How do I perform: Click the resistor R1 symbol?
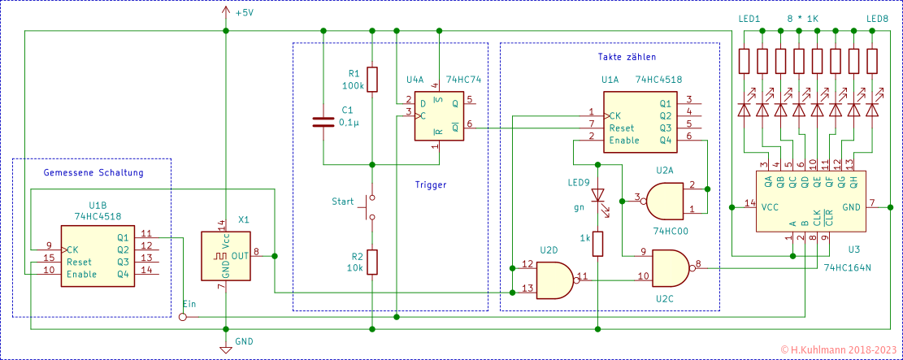tap(372, 80)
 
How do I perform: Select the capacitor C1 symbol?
tap(323, 123)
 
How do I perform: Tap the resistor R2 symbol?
tap(372, 262)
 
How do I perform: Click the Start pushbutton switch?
tap(371, 207)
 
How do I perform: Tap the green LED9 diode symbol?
tap(598, 197)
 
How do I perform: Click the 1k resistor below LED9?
tap(598, 243)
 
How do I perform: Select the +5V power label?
tap(245, 13)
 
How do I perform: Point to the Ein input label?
tap(189, 303)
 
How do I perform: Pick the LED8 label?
tap(877, 19)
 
